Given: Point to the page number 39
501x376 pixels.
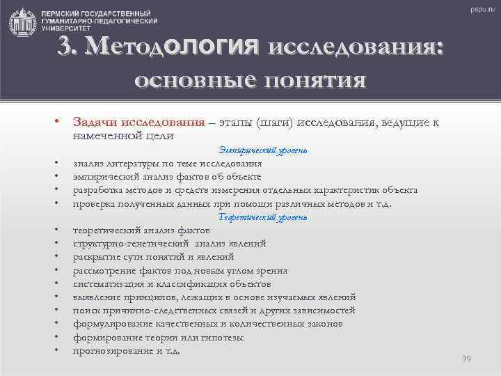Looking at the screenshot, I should pos(466,358).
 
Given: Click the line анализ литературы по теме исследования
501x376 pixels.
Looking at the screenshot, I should pos(168,164).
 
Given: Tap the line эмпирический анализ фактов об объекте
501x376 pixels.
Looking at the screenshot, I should pos(167,177).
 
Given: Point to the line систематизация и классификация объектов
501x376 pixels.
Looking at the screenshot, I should pos(172,283).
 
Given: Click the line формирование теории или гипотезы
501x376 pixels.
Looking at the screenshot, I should pos(158,337).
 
